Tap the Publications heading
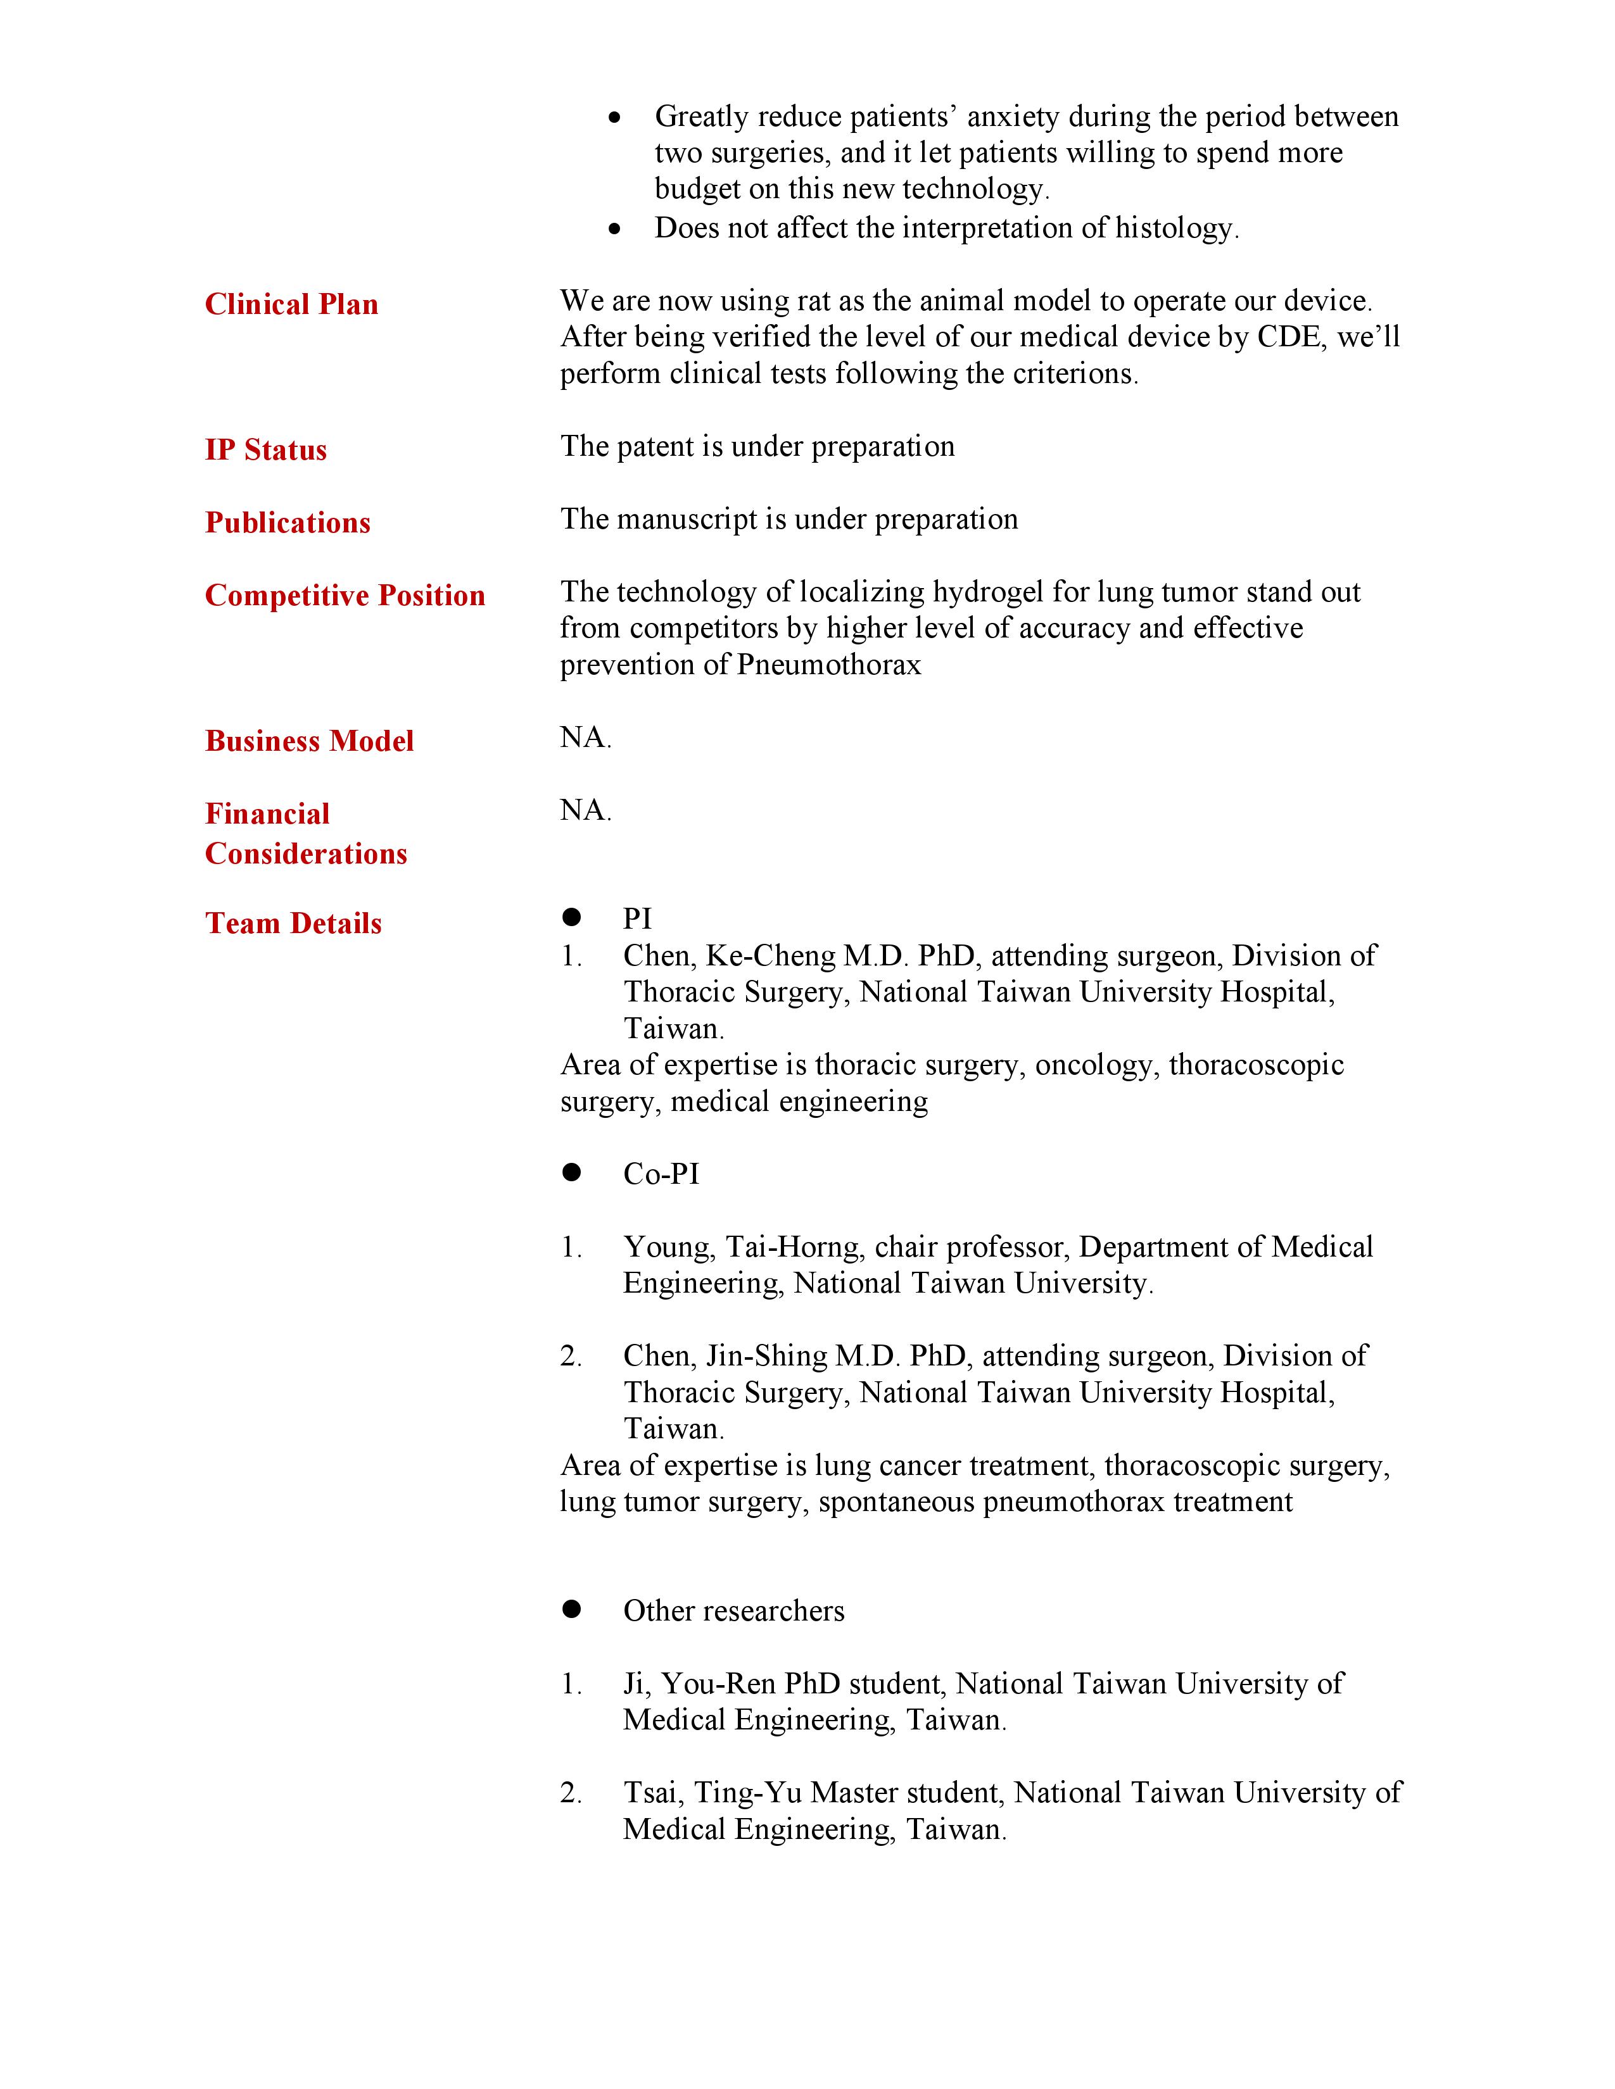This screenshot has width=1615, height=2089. [x=287, y=522]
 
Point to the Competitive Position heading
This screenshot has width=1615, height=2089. [x=345, y=595]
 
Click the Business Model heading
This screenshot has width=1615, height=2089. [x=309, y=741]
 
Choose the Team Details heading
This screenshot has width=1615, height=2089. [x=293, y=923]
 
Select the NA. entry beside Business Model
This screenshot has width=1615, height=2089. [x=585, y=737]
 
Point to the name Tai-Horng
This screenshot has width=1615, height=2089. [x=794, y=1247]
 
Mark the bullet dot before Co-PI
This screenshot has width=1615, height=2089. [x=572, y=1172]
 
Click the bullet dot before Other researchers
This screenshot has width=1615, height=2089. [x=572, y=1610]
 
